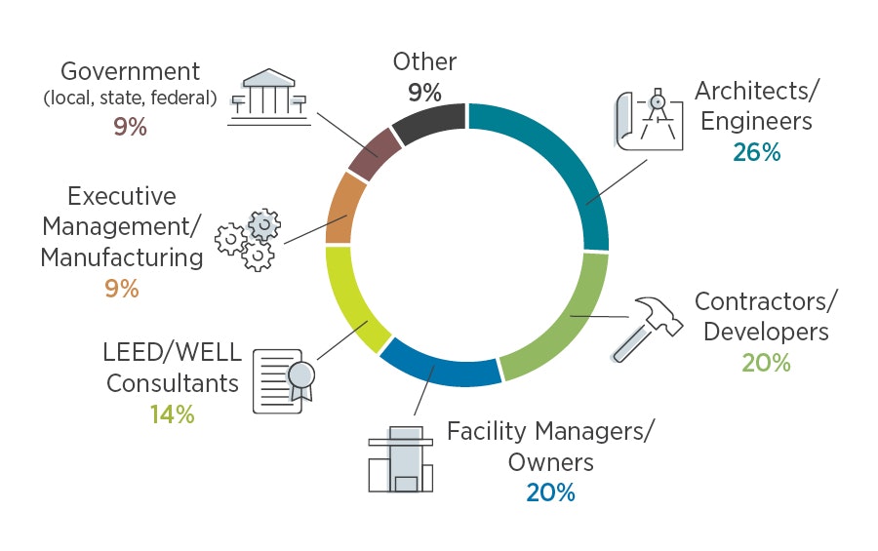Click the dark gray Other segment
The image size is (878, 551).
click(x=428, y=126)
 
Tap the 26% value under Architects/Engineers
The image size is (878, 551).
click(x=757, y=151)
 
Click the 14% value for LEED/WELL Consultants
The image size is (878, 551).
click(x=173, y=413)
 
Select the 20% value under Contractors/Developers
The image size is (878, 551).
click(x=766, y=363)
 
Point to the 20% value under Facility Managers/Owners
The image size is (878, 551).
click(x=550, y=492)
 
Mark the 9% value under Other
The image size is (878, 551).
click(x=424, y=93)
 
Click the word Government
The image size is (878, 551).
click(x=130, y=71)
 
